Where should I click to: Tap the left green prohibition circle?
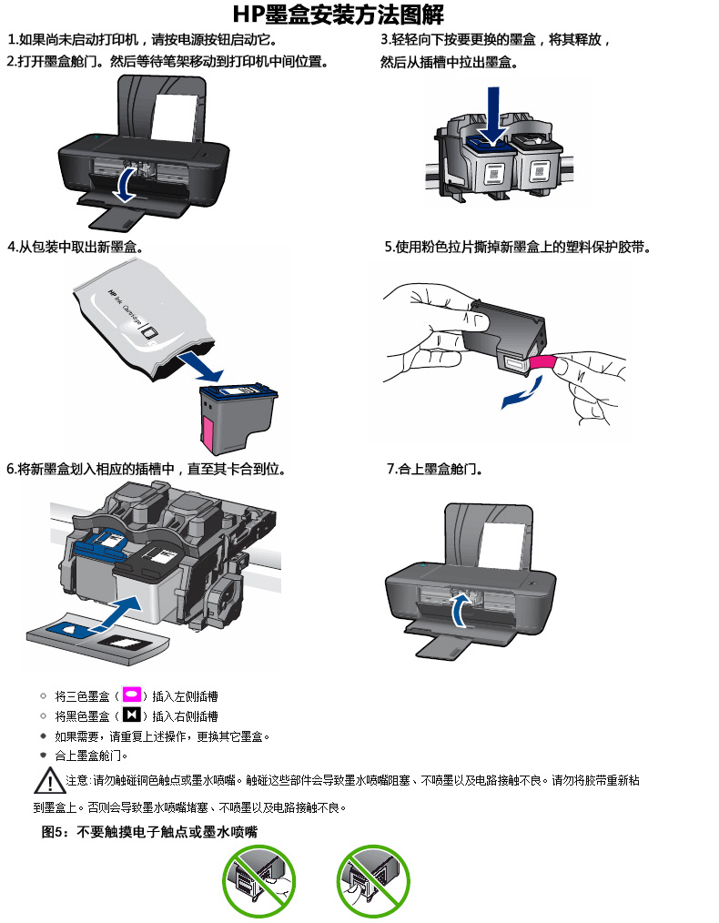pyautogui.click(x=259, y=881)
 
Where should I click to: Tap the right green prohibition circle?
pyautogui.click(x=373, y=881)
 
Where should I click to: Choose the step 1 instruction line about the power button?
pyautogui.click(x=143, y=41)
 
